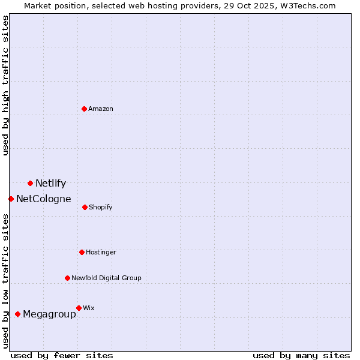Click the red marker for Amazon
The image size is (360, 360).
click(x=84, y=109)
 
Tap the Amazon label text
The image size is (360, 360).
click(x=101, y=109)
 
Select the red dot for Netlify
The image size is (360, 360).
click(x=30, y=183)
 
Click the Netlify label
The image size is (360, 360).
click(x=50, y=184)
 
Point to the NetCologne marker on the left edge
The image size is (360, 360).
click(x=11, y=199)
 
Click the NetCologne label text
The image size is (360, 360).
click(x=43, y=199)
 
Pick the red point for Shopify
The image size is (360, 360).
click(x=85, y=207)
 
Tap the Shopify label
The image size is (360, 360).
click(x=100, y=208)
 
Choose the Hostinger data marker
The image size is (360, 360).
click(x=82, y=252)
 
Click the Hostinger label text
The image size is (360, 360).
click(x=101, y=253)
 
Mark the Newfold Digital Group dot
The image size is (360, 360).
click(x=67, y=278)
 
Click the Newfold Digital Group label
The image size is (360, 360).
click(x=106, y=278)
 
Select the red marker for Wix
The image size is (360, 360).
click(x=79, y=308)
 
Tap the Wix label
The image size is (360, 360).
click(x=89, y=308)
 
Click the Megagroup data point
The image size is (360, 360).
click(x=17, y=314)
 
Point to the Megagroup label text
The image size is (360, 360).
click(x=49, y=314)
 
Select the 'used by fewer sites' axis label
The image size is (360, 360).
click(x=62, y=355)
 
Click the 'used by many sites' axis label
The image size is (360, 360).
click(x=301, y=355)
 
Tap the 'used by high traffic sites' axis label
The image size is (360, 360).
click(x=6, y=85)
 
